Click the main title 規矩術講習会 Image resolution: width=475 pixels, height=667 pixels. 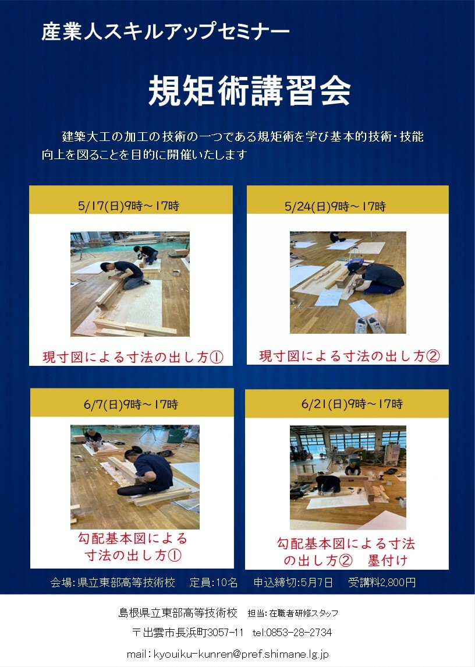tap(249, 91)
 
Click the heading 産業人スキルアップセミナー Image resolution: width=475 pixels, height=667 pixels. tap(165, 32)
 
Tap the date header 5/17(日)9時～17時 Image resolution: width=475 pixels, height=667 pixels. tap(129, 206)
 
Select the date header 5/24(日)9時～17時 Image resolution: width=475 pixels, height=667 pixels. tap(335, 206)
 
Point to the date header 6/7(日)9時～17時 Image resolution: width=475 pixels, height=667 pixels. tap(131, 404)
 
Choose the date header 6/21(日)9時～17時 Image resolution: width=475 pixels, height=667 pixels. tap(352, 404)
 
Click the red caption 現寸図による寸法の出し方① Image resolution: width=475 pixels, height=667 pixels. tap(133, 357)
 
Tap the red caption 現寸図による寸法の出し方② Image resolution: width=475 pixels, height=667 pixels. tap(349, 355)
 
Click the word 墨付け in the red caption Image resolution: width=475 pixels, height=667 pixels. tap(388, 560)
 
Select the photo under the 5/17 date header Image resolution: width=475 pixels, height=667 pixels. tap(130, 284)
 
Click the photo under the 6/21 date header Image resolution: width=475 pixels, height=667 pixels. tap(348, 477)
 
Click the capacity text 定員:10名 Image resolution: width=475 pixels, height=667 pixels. tap(214, 583)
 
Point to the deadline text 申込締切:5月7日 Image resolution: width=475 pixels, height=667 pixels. tap(293, 583)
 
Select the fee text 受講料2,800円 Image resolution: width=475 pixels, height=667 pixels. tap(382, 583)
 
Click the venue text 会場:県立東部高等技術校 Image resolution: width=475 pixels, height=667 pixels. tap(113, 583)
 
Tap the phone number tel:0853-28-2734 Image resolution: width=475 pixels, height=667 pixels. tap(292, 633)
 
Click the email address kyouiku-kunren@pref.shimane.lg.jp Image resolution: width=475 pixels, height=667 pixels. tap(240, 654)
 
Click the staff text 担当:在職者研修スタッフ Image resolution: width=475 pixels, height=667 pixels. tap(293, 613)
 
